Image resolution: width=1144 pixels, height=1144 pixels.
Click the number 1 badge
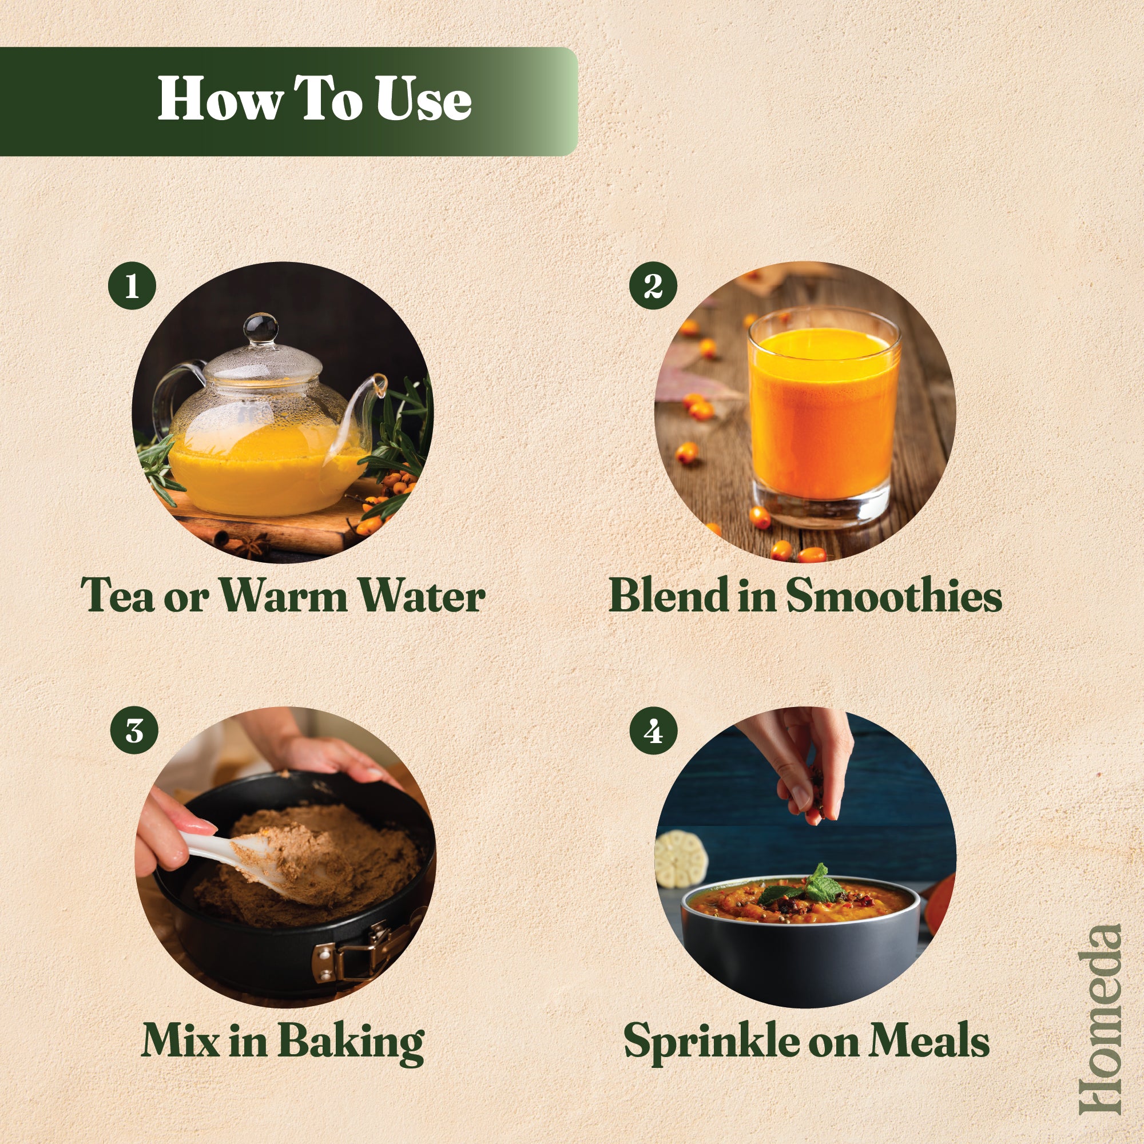tap(132, 285)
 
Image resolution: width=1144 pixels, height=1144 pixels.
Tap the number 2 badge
tap(653, 285)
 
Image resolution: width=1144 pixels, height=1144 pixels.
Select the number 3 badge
tap(134, 730)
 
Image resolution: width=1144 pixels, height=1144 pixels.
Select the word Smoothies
tap(894, 595)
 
